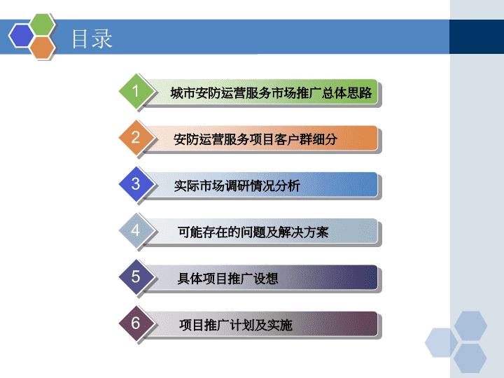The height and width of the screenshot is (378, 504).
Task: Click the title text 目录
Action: pos(92,38)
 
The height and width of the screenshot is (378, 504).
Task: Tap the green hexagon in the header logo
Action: pos(42,24)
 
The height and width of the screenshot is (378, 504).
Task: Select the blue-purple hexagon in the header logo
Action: pos(21,36)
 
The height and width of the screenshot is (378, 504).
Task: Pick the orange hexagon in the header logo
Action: pos(42,48)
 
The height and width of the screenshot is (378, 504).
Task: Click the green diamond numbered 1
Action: pos(136,91)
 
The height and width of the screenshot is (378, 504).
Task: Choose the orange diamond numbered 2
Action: pos(136,138)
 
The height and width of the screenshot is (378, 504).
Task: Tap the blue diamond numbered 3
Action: pos(136,184)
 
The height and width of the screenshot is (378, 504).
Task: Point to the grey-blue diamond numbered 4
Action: pos(136,230)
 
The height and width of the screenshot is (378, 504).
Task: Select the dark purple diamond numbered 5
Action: pos(136,276)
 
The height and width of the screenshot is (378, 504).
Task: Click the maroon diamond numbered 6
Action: pos(136,323)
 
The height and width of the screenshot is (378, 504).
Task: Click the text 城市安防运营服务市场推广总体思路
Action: pos(271,93)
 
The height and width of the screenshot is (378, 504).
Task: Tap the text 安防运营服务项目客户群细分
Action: pos(255,139)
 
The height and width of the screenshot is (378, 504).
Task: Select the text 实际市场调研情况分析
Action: pos(237,185)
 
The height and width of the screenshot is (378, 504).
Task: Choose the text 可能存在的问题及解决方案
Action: pos(253,232)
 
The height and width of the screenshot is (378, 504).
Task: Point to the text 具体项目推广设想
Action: pos(227,279)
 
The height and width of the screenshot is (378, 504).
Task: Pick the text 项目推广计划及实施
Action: pos(236,325)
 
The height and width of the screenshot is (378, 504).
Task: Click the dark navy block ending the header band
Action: pos(477,36)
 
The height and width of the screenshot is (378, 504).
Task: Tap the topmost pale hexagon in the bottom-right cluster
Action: pos(470,325)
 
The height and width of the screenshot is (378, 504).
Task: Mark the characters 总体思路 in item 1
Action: pos(346,93)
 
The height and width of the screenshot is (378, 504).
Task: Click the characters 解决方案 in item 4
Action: pos(303,232)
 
